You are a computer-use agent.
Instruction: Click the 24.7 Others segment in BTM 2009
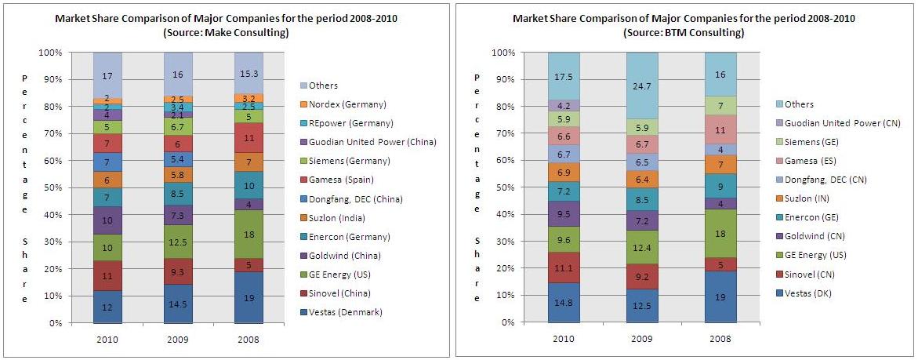click(642, 85)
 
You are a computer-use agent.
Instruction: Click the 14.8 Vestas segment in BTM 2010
click(564, 303)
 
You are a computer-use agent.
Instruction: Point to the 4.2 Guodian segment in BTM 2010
click(564, 105)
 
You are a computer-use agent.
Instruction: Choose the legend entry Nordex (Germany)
click(364, 104)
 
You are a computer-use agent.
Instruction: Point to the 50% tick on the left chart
click(50, 188)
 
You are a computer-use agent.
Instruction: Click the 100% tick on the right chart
click(504, 53)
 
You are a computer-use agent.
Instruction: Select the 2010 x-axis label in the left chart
click(107, 339)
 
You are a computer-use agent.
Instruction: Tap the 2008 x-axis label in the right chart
click(720, 339)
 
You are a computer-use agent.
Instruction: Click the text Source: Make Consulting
click(226, 33)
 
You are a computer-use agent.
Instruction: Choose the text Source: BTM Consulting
click(684, 33)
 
